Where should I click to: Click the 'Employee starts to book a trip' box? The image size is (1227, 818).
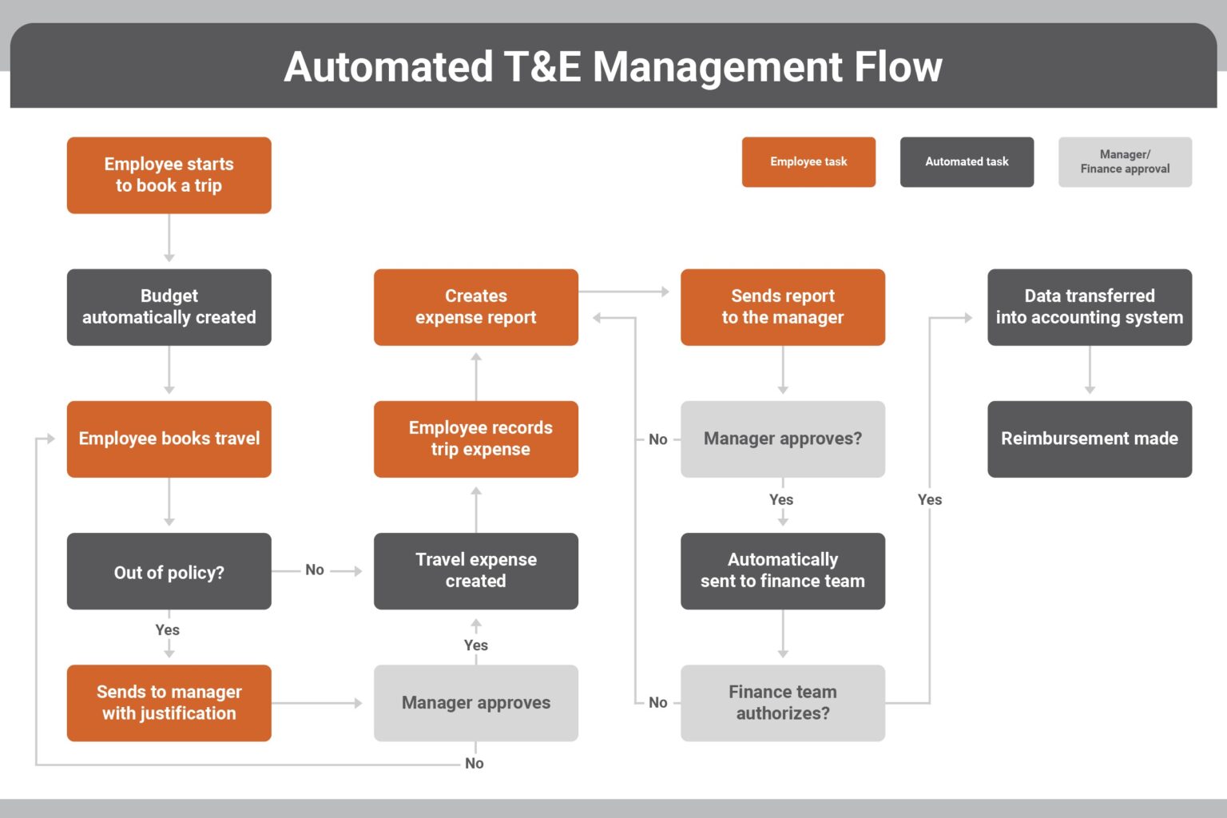169,175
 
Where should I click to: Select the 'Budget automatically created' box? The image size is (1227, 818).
169,307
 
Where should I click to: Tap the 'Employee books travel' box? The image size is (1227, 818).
169,439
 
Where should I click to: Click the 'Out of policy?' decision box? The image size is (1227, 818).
169,571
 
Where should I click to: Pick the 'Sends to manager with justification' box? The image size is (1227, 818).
169,703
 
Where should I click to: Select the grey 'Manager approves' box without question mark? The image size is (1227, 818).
475,703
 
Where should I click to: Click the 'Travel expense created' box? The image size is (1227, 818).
475,571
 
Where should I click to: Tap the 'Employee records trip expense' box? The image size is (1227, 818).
475,439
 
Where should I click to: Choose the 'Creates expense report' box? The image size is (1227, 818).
475,307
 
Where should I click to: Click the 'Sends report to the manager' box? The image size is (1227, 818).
782,307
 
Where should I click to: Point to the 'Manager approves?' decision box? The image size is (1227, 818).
782,439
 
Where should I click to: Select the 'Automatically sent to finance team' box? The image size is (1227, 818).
782,571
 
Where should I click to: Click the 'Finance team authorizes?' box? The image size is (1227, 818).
782,703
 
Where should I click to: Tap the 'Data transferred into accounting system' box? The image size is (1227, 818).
1089,307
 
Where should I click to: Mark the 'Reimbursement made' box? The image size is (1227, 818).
1089,439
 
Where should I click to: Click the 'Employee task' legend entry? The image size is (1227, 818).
808,161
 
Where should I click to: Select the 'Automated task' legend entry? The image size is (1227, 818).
967,161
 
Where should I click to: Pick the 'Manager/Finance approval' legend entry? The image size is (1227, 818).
1125,161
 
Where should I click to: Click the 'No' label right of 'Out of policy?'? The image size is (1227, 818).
315,570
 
